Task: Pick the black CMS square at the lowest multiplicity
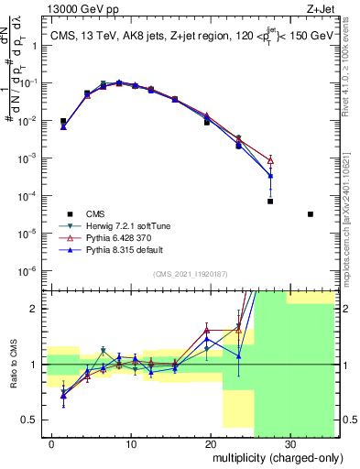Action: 63,121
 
